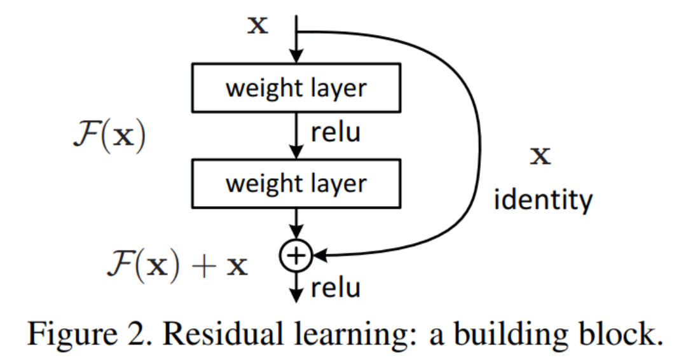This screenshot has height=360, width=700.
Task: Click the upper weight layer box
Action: point(296,87)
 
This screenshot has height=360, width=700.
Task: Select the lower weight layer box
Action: point(296,183)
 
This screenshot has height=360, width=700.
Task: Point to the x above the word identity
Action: point(540,155)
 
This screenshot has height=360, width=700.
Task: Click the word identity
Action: point(543,199)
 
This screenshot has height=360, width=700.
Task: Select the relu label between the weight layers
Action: point(336,132)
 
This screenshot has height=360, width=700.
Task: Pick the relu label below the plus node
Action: point(336,287)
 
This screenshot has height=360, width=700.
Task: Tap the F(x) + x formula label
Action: point(176,264)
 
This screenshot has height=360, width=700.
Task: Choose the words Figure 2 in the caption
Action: point(86,333)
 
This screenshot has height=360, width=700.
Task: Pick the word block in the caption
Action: point(608,333)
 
